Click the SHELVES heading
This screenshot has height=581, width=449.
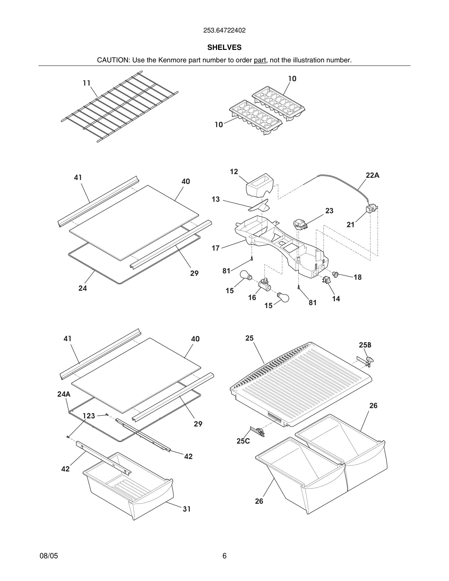point(224,47)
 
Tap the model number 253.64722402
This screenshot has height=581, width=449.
point(224,30)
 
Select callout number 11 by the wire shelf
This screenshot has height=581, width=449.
point(86,83)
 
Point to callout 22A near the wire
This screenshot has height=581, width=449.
point(372,175)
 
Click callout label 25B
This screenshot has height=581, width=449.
point(365,345)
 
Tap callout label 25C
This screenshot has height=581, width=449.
point(243,441)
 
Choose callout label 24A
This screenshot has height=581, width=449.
point(64,394)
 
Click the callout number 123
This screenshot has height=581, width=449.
point(89,416)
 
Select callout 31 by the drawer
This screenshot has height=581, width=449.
point(187,509)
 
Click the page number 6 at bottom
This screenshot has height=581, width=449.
point(224,556)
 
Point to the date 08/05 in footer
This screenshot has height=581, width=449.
point(49,556)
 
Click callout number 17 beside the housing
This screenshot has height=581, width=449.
point(215,248)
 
